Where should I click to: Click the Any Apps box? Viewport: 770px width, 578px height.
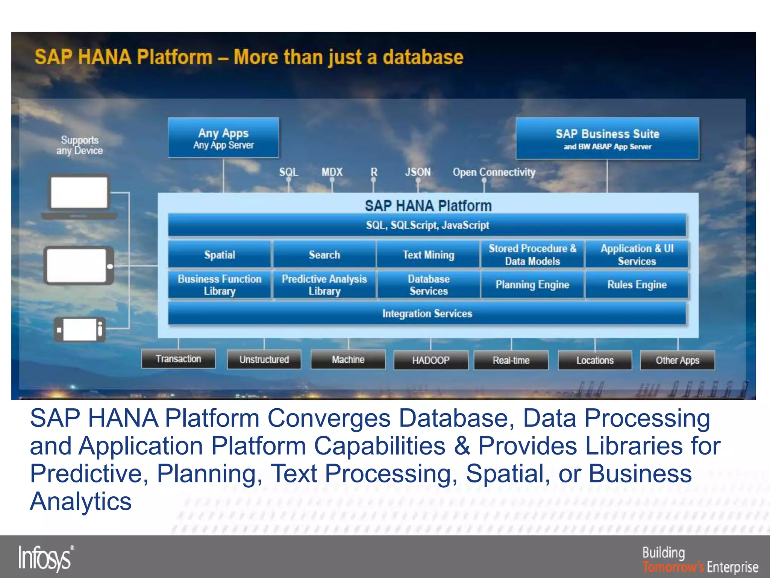click(x=223, y=138)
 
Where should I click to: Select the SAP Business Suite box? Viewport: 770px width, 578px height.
click(x=607, y=138)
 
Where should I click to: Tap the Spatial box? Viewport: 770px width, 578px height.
click(x=220, y=255)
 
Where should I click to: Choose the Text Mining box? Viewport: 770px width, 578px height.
click(x=428, y=255)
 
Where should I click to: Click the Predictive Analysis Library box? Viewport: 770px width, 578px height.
click(x=324, y=285)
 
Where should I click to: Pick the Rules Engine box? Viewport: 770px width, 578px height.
click(x=637, y=285)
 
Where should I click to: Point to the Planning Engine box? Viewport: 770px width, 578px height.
click(x=532, y=285)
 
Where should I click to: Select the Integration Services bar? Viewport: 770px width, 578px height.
click(x=427, y=313)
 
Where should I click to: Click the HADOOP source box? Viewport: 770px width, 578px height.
click(x=431, y=360)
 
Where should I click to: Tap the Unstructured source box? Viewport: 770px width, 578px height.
click(x=264, y=359)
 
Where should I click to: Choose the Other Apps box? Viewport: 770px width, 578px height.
click(x=678, y=360)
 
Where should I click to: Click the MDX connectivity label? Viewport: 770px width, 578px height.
click(x=332, y=172)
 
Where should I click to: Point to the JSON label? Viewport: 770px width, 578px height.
click(x=418, y=172)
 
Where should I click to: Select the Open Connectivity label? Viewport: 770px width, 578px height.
click(x=494, y=172)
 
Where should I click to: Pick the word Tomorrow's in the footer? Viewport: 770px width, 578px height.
click(x=673, y=567)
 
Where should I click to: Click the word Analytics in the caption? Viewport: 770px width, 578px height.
click(x=81, y=501)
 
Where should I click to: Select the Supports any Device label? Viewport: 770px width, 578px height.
click(x=79, y=145)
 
